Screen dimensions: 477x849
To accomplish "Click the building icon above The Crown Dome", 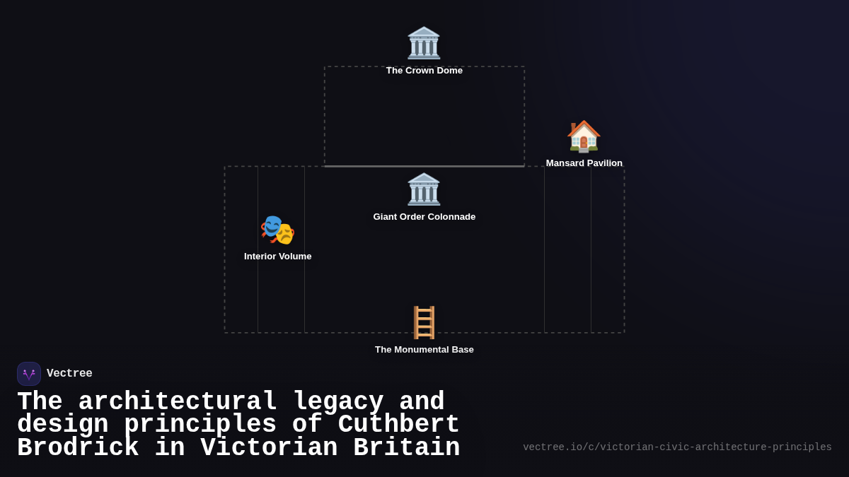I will (424, 43).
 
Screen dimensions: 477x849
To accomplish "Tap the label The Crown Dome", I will (424, 71).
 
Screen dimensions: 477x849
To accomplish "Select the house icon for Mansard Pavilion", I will (584, 136).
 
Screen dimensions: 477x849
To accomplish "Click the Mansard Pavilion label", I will (584, 163).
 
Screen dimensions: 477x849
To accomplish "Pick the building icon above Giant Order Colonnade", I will (424, 189).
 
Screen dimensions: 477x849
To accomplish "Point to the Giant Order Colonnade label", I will (424, 217).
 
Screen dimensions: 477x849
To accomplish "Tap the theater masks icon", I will (277, 230).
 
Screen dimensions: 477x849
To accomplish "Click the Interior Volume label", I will (278, 257).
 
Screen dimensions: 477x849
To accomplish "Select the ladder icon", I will (424, 322).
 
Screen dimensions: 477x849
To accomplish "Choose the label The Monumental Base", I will (424, 350).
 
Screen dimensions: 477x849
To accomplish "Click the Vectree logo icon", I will (29, 374).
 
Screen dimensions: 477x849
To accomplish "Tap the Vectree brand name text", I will (69, 374).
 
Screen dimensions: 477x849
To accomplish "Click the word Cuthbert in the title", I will (398, 425).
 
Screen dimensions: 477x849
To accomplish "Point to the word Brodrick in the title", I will (78, 448).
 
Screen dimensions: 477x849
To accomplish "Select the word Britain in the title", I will (406, 448).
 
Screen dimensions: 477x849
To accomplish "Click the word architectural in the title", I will (178, 402).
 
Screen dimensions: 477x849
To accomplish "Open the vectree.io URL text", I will (677, 447).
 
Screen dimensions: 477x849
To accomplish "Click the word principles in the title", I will (200, 425).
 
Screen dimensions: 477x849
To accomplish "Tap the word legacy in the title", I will (338, 402).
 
